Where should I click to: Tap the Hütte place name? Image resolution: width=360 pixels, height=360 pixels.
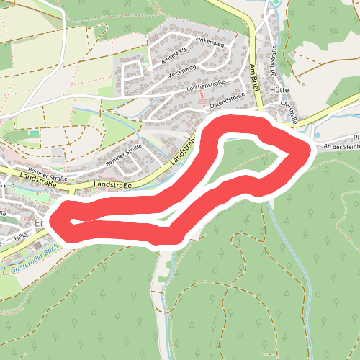(x=279, y=91)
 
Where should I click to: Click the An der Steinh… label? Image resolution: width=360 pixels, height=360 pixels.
(x=341, y=146)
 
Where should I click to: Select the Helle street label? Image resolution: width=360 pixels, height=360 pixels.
(x=19, y=235)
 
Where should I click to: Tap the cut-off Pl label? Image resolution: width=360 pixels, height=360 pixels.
(x=356, y=136)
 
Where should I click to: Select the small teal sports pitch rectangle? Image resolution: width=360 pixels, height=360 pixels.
(x=34, y=133)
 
